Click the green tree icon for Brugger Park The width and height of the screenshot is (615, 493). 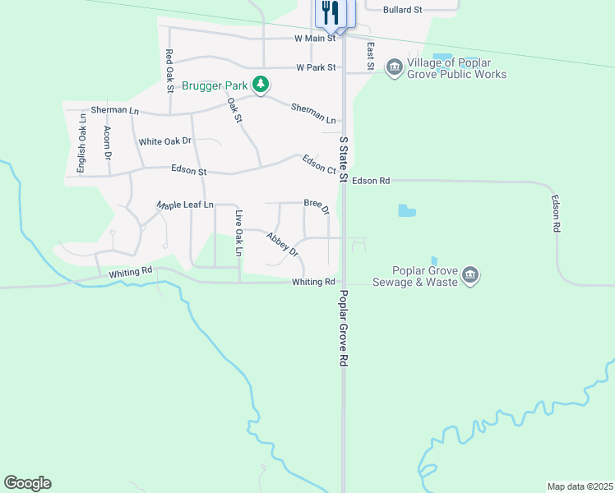(x=261, y=85)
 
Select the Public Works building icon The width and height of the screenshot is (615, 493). (x=394, y=66)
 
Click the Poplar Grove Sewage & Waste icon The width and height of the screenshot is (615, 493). (x=470, y=274)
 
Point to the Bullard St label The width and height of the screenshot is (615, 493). (x=402, y=10)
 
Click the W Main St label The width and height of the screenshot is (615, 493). (x=315, y=38)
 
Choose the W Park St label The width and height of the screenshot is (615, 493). (x=317, y=67)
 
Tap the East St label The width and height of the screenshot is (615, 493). (x=371, y=56)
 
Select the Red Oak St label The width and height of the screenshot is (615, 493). (x=169, y=67)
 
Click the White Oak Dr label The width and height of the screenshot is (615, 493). (x=164, y=141)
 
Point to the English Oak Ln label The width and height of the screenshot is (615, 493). (x=82, y=145)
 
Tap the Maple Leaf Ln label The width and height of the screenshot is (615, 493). (x=186, y=204)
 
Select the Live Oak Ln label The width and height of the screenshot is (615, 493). (x=239, y=233)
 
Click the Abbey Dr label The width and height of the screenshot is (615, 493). (x=280, y=243)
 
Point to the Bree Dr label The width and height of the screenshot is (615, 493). (x=317, y=205)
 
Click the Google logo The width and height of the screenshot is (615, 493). (x=27, y=483)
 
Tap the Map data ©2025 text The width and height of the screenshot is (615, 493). (x=580, y=486)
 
